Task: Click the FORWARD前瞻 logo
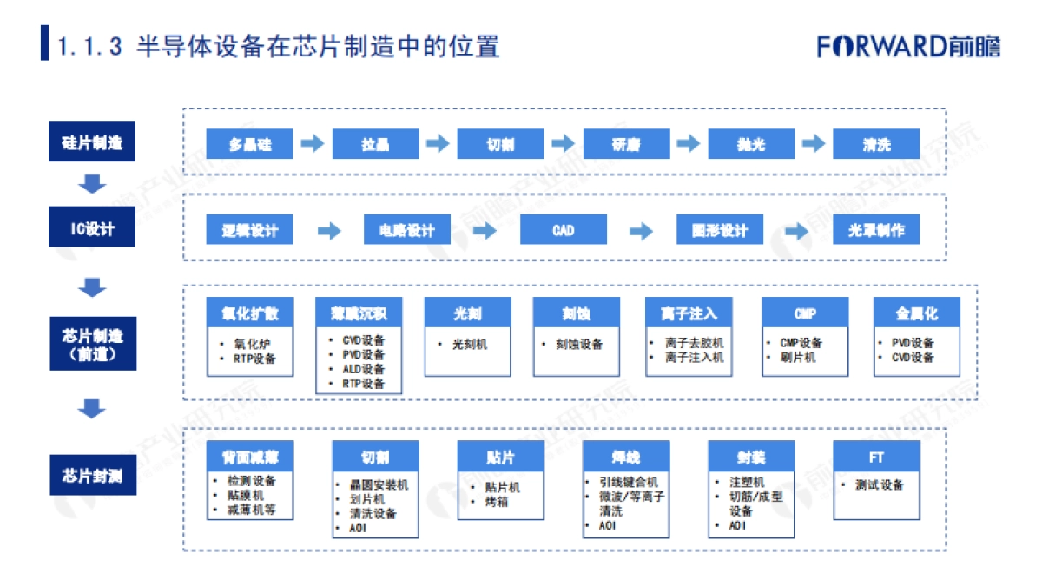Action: click(908, 46)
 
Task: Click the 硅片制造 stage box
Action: click(92, 142)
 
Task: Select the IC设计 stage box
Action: click(92, 229)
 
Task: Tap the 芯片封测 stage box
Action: click(92, 475)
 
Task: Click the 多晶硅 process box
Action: click(250, 144)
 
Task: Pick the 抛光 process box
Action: click(751, 144)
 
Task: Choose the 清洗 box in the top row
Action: click(876, 144)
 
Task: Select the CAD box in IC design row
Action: click(564, 230)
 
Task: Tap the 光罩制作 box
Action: click(876, 230)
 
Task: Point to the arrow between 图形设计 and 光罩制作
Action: click(797, 231)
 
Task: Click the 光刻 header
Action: click(467, 313)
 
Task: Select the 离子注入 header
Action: click(689, 313)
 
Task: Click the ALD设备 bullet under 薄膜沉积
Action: click(363, 369)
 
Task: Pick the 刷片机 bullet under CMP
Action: click(797, 357)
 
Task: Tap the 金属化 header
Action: click(917, 313)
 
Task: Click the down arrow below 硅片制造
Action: click(92, 184)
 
